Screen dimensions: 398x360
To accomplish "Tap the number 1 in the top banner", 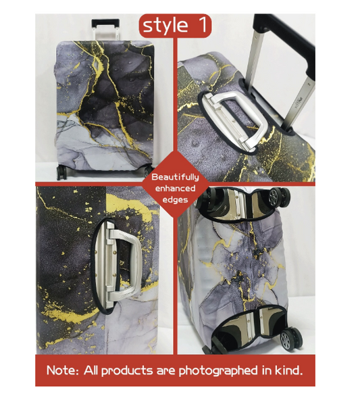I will [202, 25].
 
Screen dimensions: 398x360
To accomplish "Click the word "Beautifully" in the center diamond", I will [174, 177].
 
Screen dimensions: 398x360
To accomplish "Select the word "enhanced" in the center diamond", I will [174, 189].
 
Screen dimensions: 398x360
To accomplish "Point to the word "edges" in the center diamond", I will [174, 200].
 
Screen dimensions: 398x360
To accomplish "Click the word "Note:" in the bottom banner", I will [66, 371].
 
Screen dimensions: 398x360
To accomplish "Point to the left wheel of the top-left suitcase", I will [62, 172].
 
